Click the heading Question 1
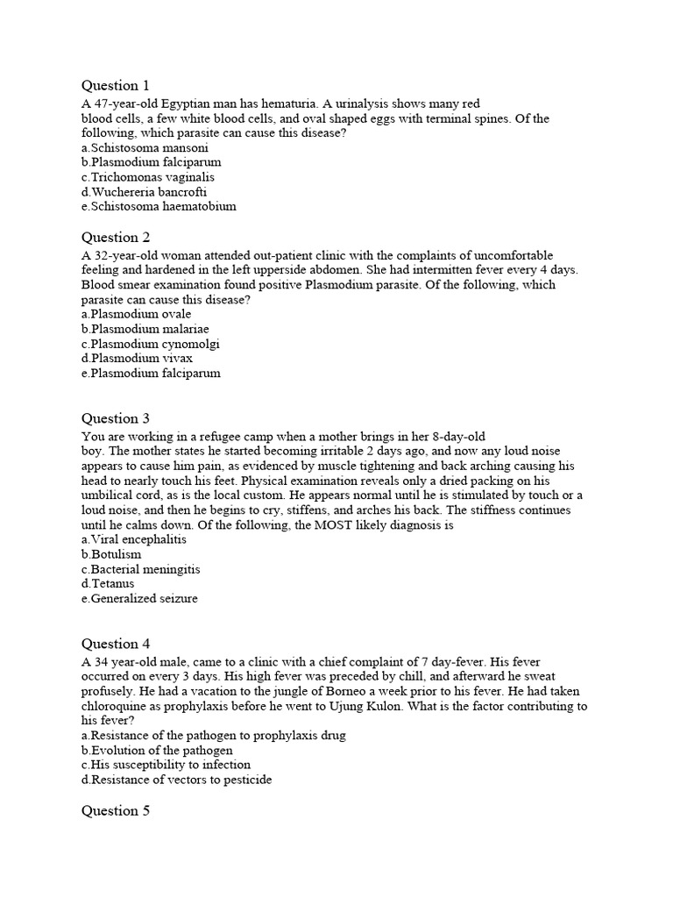pyautogui.click(x=116, y=85)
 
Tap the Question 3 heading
pyautogui.click(x=116, y=418)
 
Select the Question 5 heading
pyautogui.click(x=116, y=811)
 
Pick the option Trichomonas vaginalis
pyautogui.click(x=148, y=176)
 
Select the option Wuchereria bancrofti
pyautogui.click(x=145, y=191)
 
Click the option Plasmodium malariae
pyautogui.click(x=145, y=329)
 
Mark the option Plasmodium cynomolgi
pyautogui.click(x=150, y=344)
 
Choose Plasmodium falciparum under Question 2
pyautogui.click(x=151, y=373)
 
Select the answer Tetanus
pyautogui.click(x=115, y=583)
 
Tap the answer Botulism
pyautogui.click(x=111, y=554)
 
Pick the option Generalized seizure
pyautogui.click(x=139, y=598)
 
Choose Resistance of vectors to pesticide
pyautogui.click(x=176, y=779)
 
